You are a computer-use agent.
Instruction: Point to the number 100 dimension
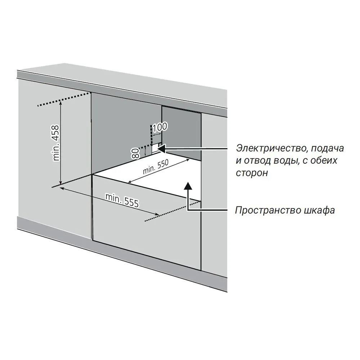160,127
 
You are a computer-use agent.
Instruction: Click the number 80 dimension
135,153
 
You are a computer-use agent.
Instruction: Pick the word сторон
252,172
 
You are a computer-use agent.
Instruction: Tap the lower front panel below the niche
144,230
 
